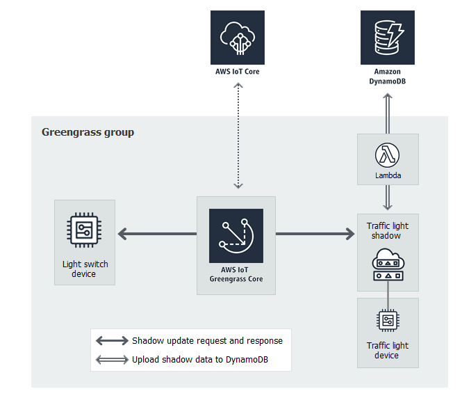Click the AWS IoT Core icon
point(238,38)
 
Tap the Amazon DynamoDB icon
point(387,38)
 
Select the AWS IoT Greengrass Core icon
point(236,236)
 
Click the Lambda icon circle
point(388,154)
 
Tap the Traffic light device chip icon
point(388,320)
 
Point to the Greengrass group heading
point(88,132)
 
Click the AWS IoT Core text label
point(238,72)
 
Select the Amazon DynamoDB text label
point(387,77)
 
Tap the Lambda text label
point(388,175)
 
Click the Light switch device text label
point(85,269)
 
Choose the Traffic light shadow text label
point(388,231)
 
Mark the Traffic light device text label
point(387,350)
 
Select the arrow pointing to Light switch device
point(157,235)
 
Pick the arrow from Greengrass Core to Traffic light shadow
point(315,235)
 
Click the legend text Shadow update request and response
point(207,341)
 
